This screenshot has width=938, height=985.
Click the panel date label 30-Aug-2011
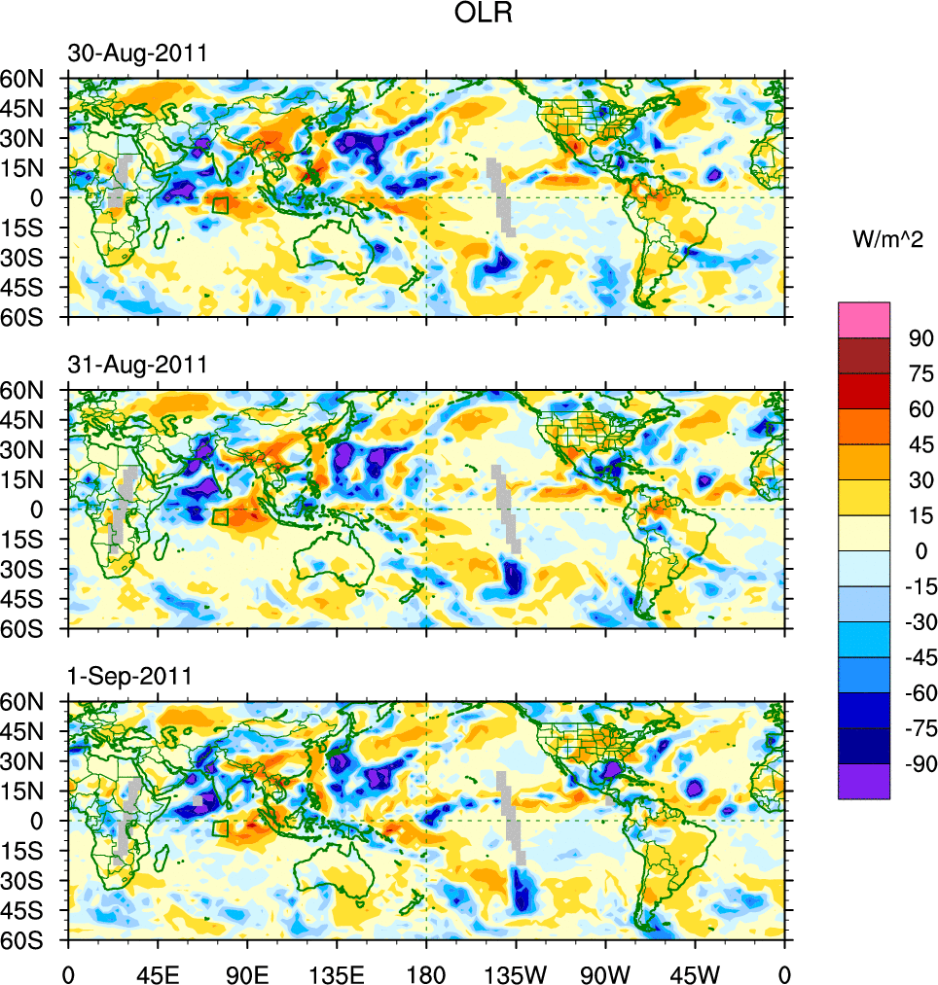pos(137,54)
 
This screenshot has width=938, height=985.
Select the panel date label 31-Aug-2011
pos(137,366)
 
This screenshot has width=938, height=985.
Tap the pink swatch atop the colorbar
pos(864,319)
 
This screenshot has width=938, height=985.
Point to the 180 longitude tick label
pos(426,972)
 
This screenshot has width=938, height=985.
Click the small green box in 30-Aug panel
pos(220,205)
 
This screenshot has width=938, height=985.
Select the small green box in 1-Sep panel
pos(220,828)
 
